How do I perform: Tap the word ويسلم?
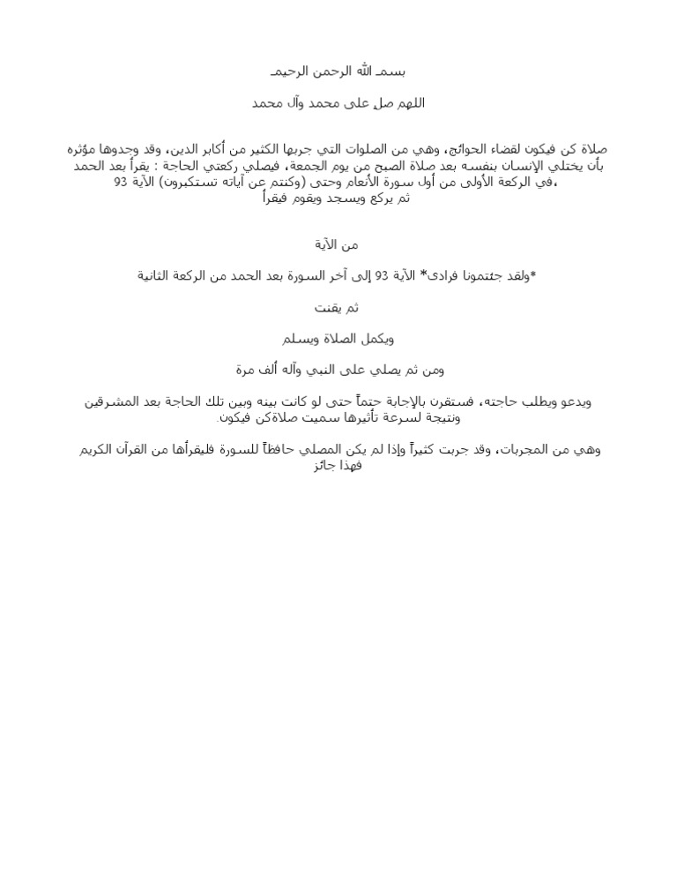(x=295, y=339)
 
